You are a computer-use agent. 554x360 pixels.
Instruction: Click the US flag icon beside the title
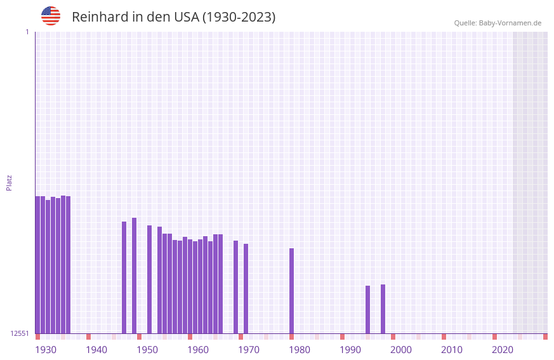(x=51, y=16)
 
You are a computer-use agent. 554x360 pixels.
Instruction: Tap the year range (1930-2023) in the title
(x=239, y=17)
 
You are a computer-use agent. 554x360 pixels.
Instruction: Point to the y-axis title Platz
(x=9, y=182)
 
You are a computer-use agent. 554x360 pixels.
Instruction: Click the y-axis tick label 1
(x=27, y=32)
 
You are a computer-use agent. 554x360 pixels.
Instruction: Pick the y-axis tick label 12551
(x=20, y=333)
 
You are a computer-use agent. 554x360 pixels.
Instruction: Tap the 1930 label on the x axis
(x=46, y=350)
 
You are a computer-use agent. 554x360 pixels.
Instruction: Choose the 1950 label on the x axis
(x=147, y=350)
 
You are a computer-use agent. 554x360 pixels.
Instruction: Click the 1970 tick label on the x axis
(x=249, y=350)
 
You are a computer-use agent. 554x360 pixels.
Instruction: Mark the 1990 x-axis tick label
(x=350, y=350)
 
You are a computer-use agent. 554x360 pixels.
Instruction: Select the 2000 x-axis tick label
(x=401, y=350)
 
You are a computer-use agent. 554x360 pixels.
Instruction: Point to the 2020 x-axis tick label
(x=503, y=350)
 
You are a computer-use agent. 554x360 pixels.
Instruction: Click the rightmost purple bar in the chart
(x=383, y=309)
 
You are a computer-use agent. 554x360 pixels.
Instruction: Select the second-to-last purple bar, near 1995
(x=367, y=309)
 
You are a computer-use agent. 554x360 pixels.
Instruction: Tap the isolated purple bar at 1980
(x=291, y=291)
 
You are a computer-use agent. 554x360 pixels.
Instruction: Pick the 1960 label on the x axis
(x=198, y=350)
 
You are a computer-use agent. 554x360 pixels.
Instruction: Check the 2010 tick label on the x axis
(x=452, y=350)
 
